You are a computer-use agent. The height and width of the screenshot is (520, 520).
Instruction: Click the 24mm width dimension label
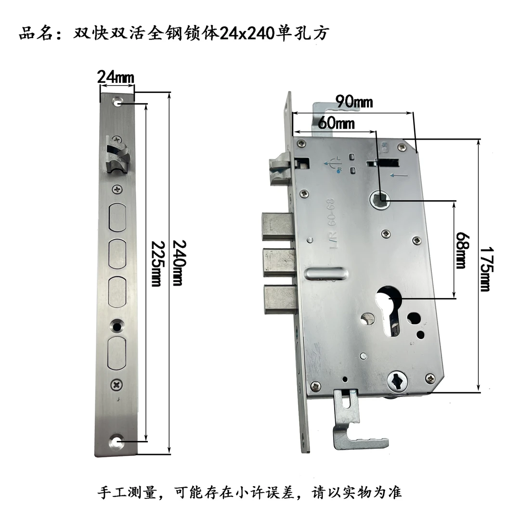[116, 77]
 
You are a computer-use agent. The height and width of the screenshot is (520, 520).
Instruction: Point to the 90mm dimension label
[354, 102]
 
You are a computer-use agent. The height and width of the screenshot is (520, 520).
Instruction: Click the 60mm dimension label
[336, 123]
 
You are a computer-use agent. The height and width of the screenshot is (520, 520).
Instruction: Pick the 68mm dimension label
[461, 250]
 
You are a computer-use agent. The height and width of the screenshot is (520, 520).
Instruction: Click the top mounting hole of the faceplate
[117, 103]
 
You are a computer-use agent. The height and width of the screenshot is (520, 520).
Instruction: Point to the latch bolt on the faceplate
[117, 154]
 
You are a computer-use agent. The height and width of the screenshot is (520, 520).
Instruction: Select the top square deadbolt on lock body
[277, 227]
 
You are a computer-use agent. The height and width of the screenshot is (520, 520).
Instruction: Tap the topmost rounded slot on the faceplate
[117, 217]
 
